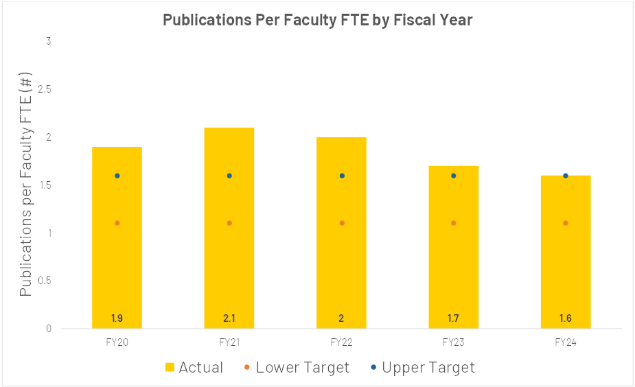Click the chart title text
[x=317, y=20]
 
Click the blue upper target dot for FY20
[x=117, y=176]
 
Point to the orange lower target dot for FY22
[x=341, y=223]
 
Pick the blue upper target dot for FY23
[x=454, y=176]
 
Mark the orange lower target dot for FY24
[x=566, y=223]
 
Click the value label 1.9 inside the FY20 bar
[x=117, y=318]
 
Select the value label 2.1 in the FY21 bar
[x=229, y=318]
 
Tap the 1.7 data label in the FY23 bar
[x=454, y=318]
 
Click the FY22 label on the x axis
[x=341, y=342]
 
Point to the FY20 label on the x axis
[x=117, y=342]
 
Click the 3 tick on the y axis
[x=49, y=41]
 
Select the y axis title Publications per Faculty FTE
[x=26, y=184]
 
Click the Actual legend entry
[x=195, y=368]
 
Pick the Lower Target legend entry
[x=296, y=368]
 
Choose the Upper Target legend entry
[x=422, y=368]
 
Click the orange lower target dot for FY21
[x=229, y=223]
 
